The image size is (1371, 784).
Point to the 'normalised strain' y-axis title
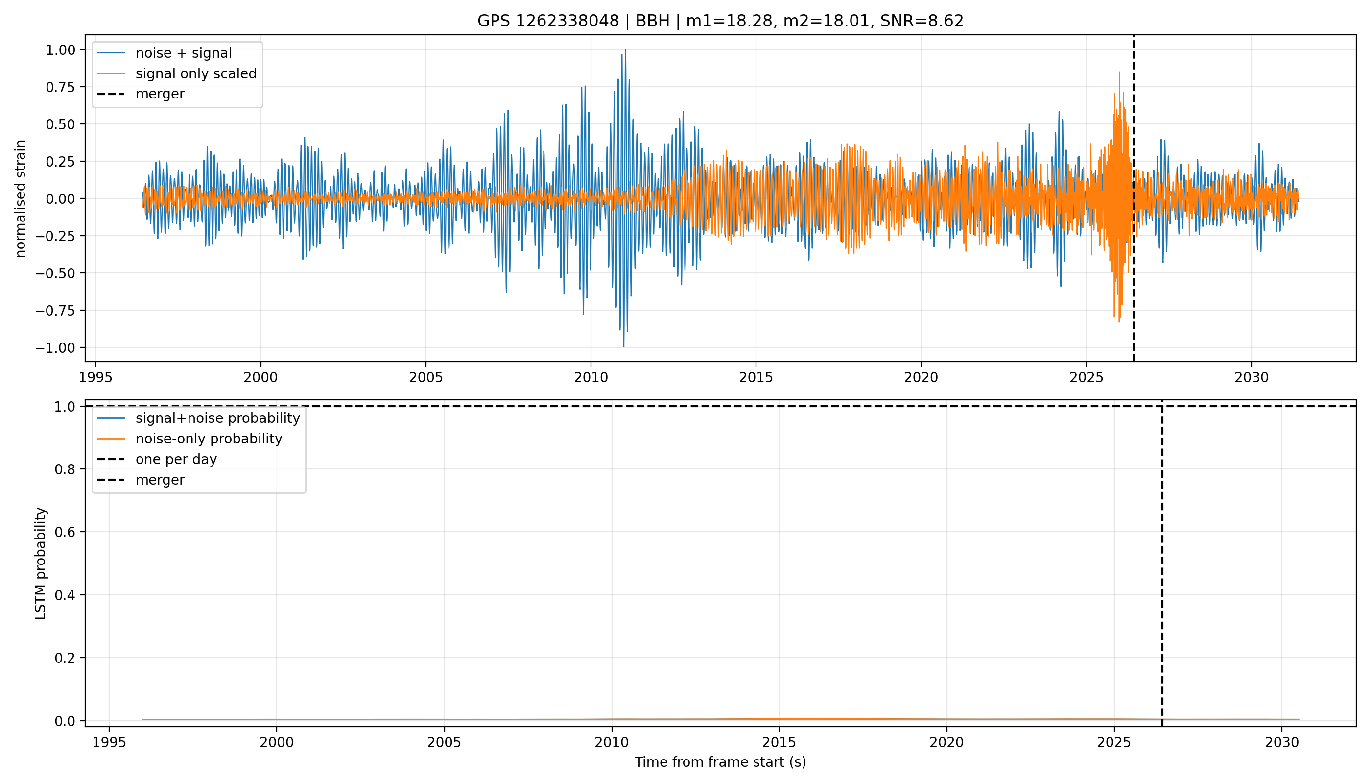click(x=21, y=198)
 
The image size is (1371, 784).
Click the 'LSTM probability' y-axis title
click(x=41, y=563)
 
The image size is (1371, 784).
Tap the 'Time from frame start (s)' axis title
click(x=720, y=762)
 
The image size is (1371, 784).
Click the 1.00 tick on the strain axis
click(x=61, y=50)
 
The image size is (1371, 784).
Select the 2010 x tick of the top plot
click(x=591, y=377)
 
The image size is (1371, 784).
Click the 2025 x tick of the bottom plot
click(x=1114, y=742)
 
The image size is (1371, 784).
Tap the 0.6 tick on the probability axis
click(x=65, y=532)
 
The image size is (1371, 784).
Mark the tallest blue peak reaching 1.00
click(x=625, y=50)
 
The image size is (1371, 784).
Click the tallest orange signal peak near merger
click(x=1120, y=72)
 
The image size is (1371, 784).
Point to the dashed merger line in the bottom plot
click(x=1162, y=563)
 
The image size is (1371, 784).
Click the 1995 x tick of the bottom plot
click(x=109, y=742)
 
